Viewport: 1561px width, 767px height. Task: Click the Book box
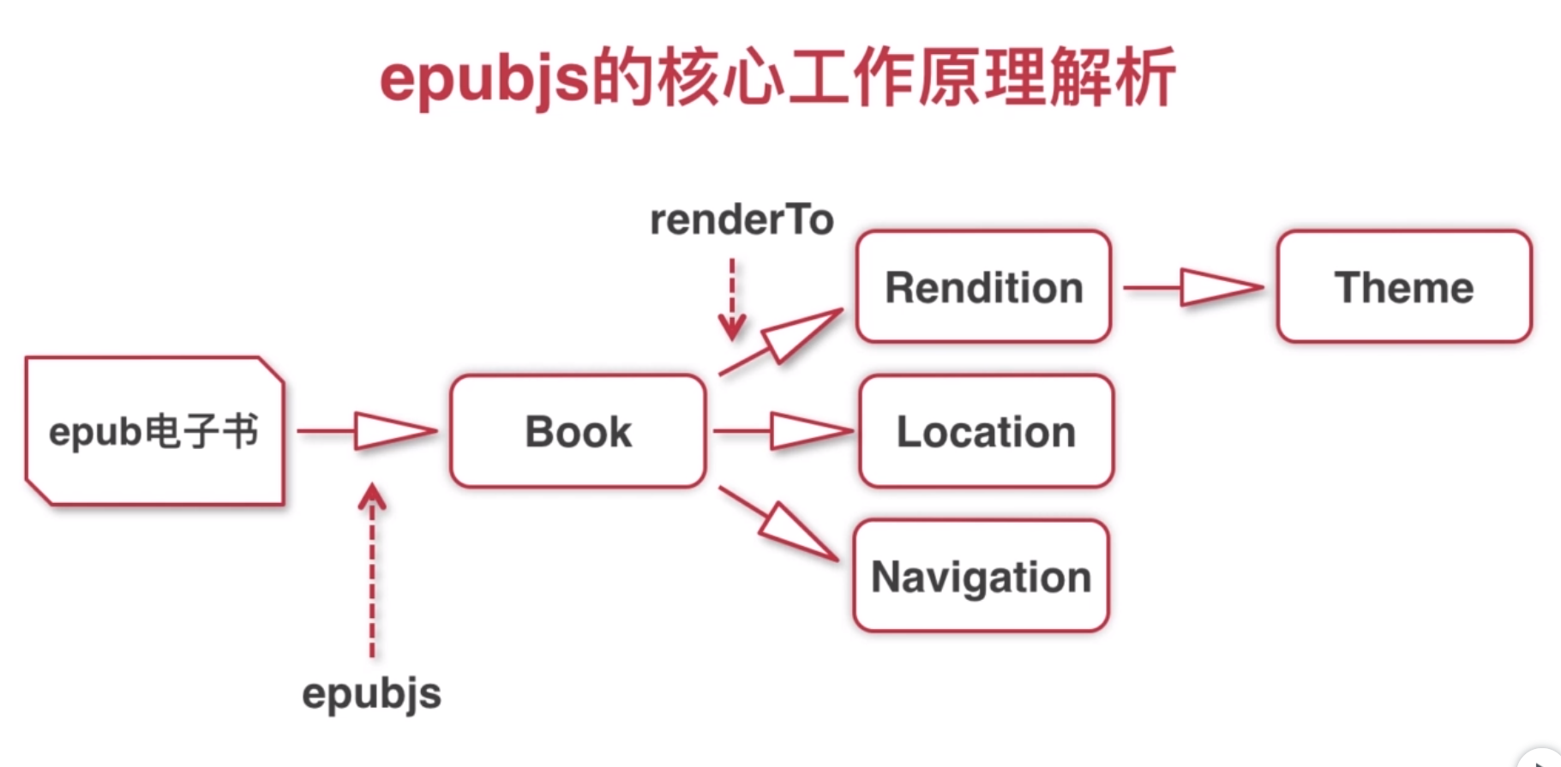pos(578,431)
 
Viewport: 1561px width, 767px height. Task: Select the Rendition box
pos(983,287)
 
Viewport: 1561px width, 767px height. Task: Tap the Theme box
pos(1403,287)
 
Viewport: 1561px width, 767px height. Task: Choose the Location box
pos(986,431)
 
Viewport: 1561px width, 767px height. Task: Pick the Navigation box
pos(981,576)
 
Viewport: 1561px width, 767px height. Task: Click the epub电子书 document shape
pos(154,431)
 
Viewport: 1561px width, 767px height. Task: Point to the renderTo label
pos(741,220)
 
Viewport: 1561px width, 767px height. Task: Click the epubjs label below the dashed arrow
pos(371,693)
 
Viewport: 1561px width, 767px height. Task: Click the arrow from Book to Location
pos(784,431)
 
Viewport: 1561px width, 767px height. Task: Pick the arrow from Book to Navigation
pos(779,524)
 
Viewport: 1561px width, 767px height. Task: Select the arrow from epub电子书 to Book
pos(369,431)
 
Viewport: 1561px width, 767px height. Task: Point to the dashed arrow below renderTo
pos(731,300)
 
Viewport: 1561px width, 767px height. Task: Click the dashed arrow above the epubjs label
pos(372,570)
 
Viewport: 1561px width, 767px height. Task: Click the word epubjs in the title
pos(485,80)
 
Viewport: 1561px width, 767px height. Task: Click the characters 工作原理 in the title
pos(916,78)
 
